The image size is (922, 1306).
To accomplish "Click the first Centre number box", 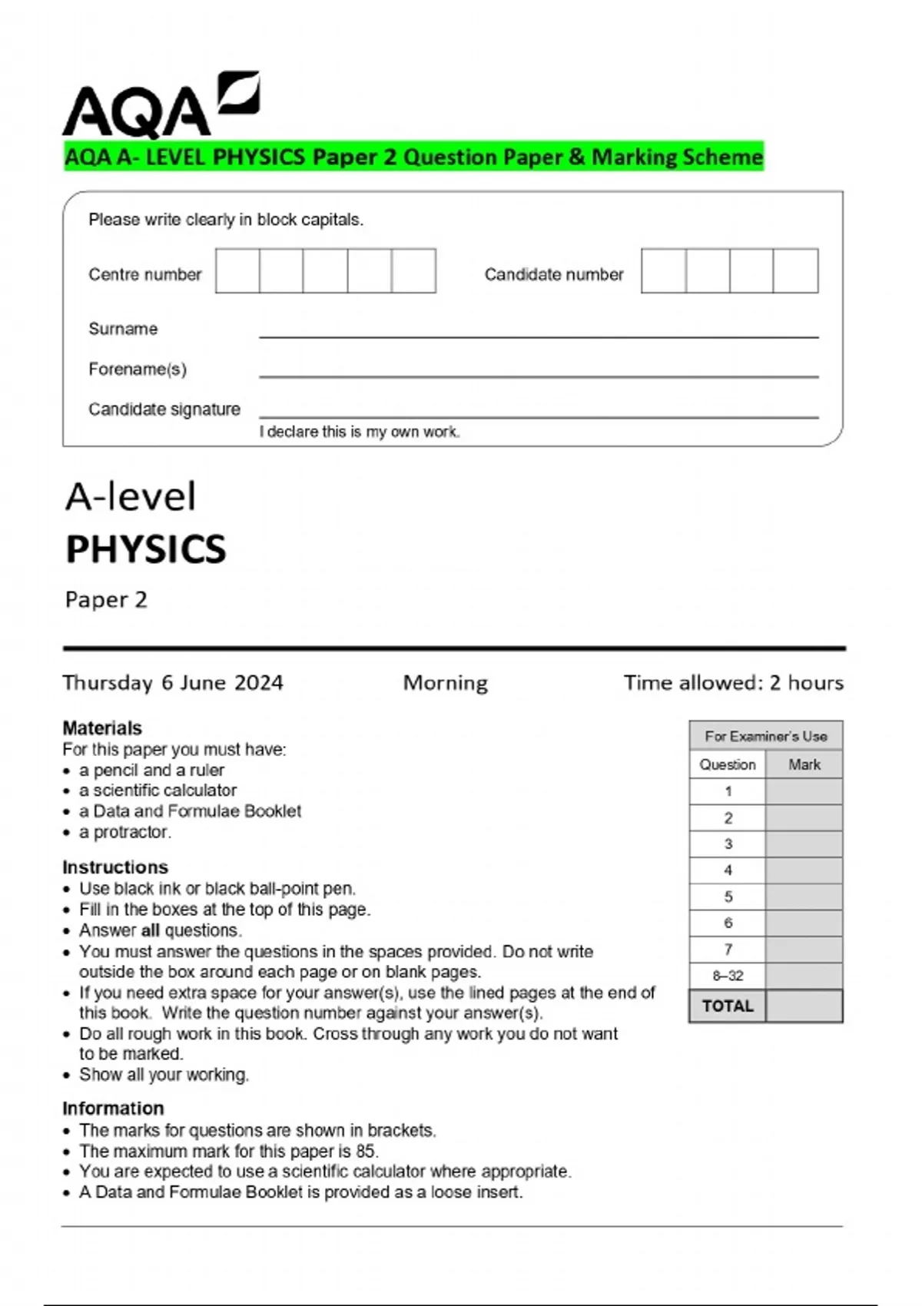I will [x=237, y=270].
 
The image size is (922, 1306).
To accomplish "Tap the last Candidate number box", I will [x=795, y=270].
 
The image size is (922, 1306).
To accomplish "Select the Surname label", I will [x=123, y=329].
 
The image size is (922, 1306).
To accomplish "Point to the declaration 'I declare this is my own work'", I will [x=359, y=432].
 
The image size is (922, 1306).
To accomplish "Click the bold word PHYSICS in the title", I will [x=146, y=549].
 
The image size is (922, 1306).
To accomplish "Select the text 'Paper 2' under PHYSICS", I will [x=106, y=600].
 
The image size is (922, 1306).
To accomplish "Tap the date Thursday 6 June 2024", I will [x=173, y=683].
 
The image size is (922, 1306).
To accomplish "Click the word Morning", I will [x=446, y=683].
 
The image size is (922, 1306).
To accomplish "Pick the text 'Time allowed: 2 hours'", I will [x=733, y=683].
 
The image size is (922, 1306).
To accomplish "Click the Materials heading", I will [x=102, y=728].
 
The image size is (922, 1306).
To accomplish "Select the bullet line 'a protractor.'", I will [x=124, y=832].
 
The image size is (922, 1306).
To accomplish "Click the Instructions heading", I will [x=115, y=867].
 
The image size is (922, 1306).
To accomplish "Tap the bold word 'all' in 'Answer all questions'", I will [x=151, y=930].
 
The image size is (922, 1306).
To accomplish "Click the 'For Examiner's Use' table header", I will [x=765, y=736].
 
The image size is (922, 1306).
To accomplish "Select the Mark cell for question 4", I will [x=804, y=870].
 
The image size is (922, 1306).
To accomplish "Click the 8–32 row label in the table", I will [x=727, y=976].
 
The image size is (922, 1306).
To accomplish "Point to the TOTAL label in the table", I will [x=727, y=1006].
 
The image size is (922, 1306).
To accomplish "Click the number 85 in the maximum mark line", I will [x=366, y=1151].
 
